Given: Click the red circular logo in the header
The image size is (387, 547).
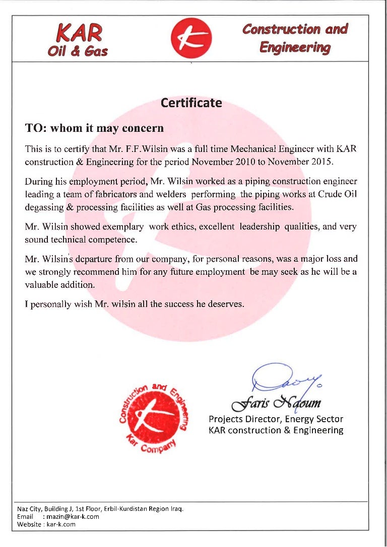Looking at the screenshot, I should [x=191, y=38].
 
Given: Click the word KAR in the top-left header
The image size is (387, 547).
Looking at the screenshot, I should [x=80, y=34].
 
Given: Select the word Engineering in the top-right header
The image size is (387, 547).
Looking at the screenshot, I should [x=295, y=48].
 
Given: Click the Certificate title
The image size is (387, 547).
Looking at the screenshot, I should [x=191, y=103].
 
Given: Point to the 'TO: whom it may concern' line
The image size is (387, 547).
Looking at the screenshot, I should [x=95, y=128].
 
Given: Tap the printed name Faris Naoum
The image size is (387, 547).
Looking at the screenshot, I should [x=275, y=404].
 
